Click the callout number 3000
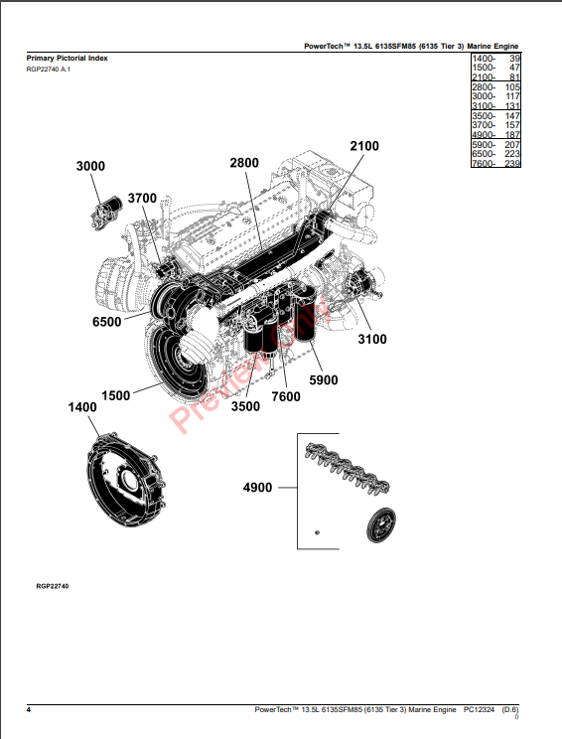click(x=90, y=166)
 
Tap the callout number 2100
click(x=364, y=146)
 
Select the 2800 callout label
click(x=244, y=163)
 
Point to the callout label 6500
click(x=107, y=322)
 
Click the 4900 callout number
click(x=258, y=488)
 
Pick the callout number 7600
click(x=286, y=397)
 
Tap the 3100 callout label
click(x=372, y=340)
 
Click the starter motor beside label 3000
click(x=106, y=214)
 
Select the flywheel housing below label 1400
click(x=126, y=479)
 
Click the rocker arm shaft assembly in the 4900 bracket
click(x=348, y=467)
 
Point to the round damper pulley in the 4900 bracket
click(x=381, y=525)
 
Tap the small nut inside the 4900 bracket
click(x=317, y=532)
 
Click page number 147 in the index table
click(x=512, y=116)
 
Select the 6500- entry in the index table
click(x=484, y=154)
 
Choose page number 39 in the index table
click(x=514, y=59)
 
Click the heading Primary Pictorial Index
click(x=67, y=58)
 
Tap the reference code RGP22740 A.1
click(x=49, y=70)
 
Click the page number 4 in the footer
click(x=29, y=710)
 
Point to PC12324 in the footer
click(x=479, y=709)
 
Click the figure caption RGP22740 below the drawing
click(x=53, y=586)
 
